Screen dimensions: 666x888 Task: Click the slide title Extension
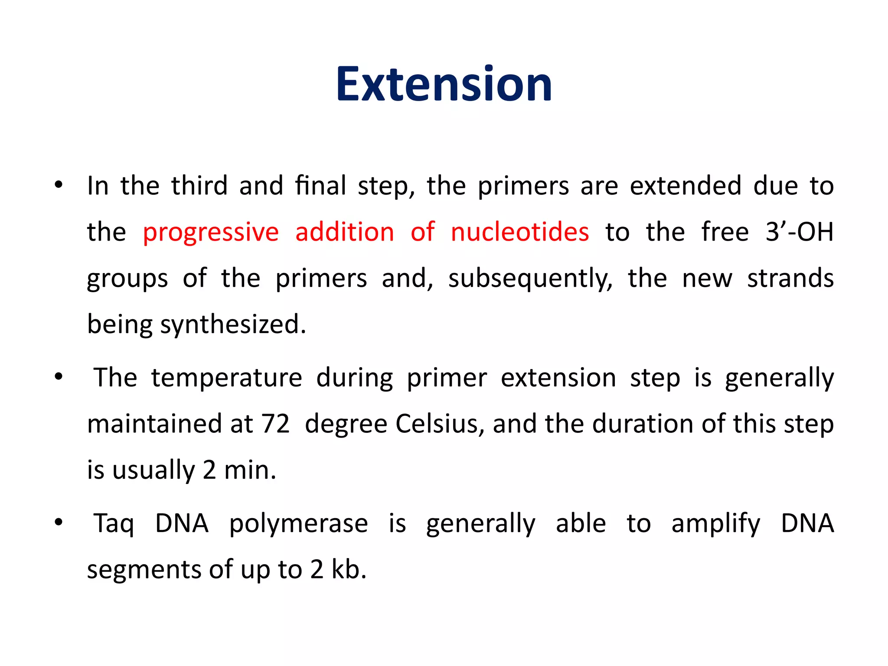point(444,85)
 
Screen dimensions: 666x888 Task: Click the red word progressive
point(211,232)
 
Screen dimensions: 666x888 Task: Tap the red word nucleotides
point(519,232)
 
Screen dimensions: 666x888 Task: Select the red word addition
point(345,232)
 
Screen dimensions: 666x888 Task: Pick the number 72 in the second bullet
point(275,424)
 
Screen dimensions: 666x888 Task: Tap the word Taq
point(114,524)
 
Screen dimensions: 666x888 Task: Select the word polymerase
point(298,524)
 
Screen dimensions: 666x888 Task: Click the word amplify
point(715,524)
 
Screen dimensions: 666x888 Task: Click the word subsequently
point(530,278)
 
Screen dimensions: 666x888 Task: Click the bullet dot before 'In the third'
point(59,186)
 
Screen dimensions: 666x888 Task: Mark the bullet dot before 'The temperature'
point(59,377)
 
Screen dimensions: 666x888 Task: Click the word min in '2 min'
point(250,470)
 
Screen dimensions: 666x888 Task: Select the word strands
point(790,278)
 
